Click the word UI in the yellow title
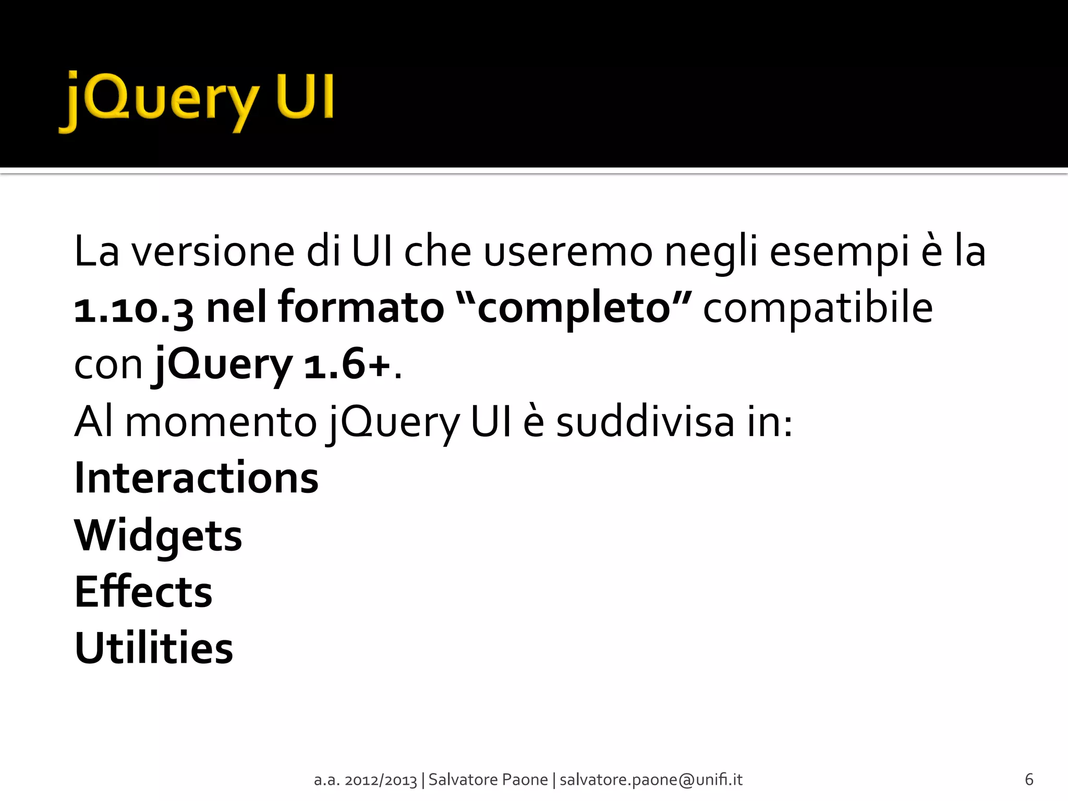pyautogui.click(x=306, y=96)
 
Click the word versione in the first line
pyautogui.click(x=213, y=252)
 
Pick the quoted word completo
pyautogui.click(x=574, y=309)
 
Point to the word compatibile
pyautogui.click(x=818, y=309)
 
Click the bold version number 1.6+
pyautogui.click(x=347, y=365)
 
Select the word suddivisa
pyautogui.click(x=645, y=422)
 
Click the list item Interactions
pyautogui.click(x=197, y=478)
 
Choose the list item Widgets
pyautogui.click(x=159, y=537)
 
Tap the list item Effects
pyautogui.click(x=144, y=592)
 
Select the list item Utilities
pyautogui.click(x=154, y=648)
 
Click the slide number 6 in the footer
pyautogui.click(x=1029, y=779)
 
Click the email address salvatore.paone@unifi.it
pyautogui.click(x=651, y=780)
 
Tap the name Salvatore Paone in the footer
pyautogui.click(x=488, y=780)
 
